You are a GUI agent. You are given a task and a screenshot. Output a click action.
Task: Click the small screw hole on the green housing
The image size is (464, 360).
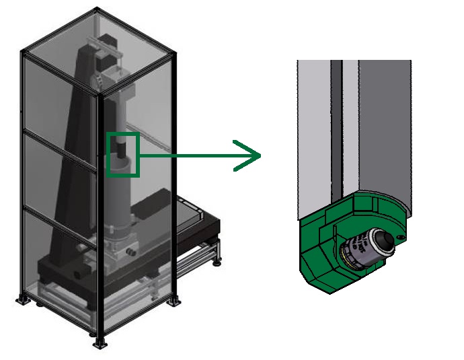tap(401, 238)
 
